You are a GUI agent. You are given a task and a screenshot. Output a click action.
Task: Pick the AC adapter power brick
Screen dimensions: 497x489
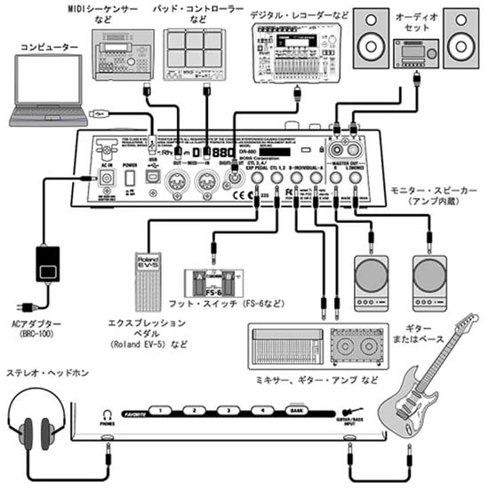[46, 264]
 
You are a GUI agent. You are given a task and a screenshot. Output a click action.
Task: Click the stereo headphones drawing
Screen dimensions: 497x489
[38, 424]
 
